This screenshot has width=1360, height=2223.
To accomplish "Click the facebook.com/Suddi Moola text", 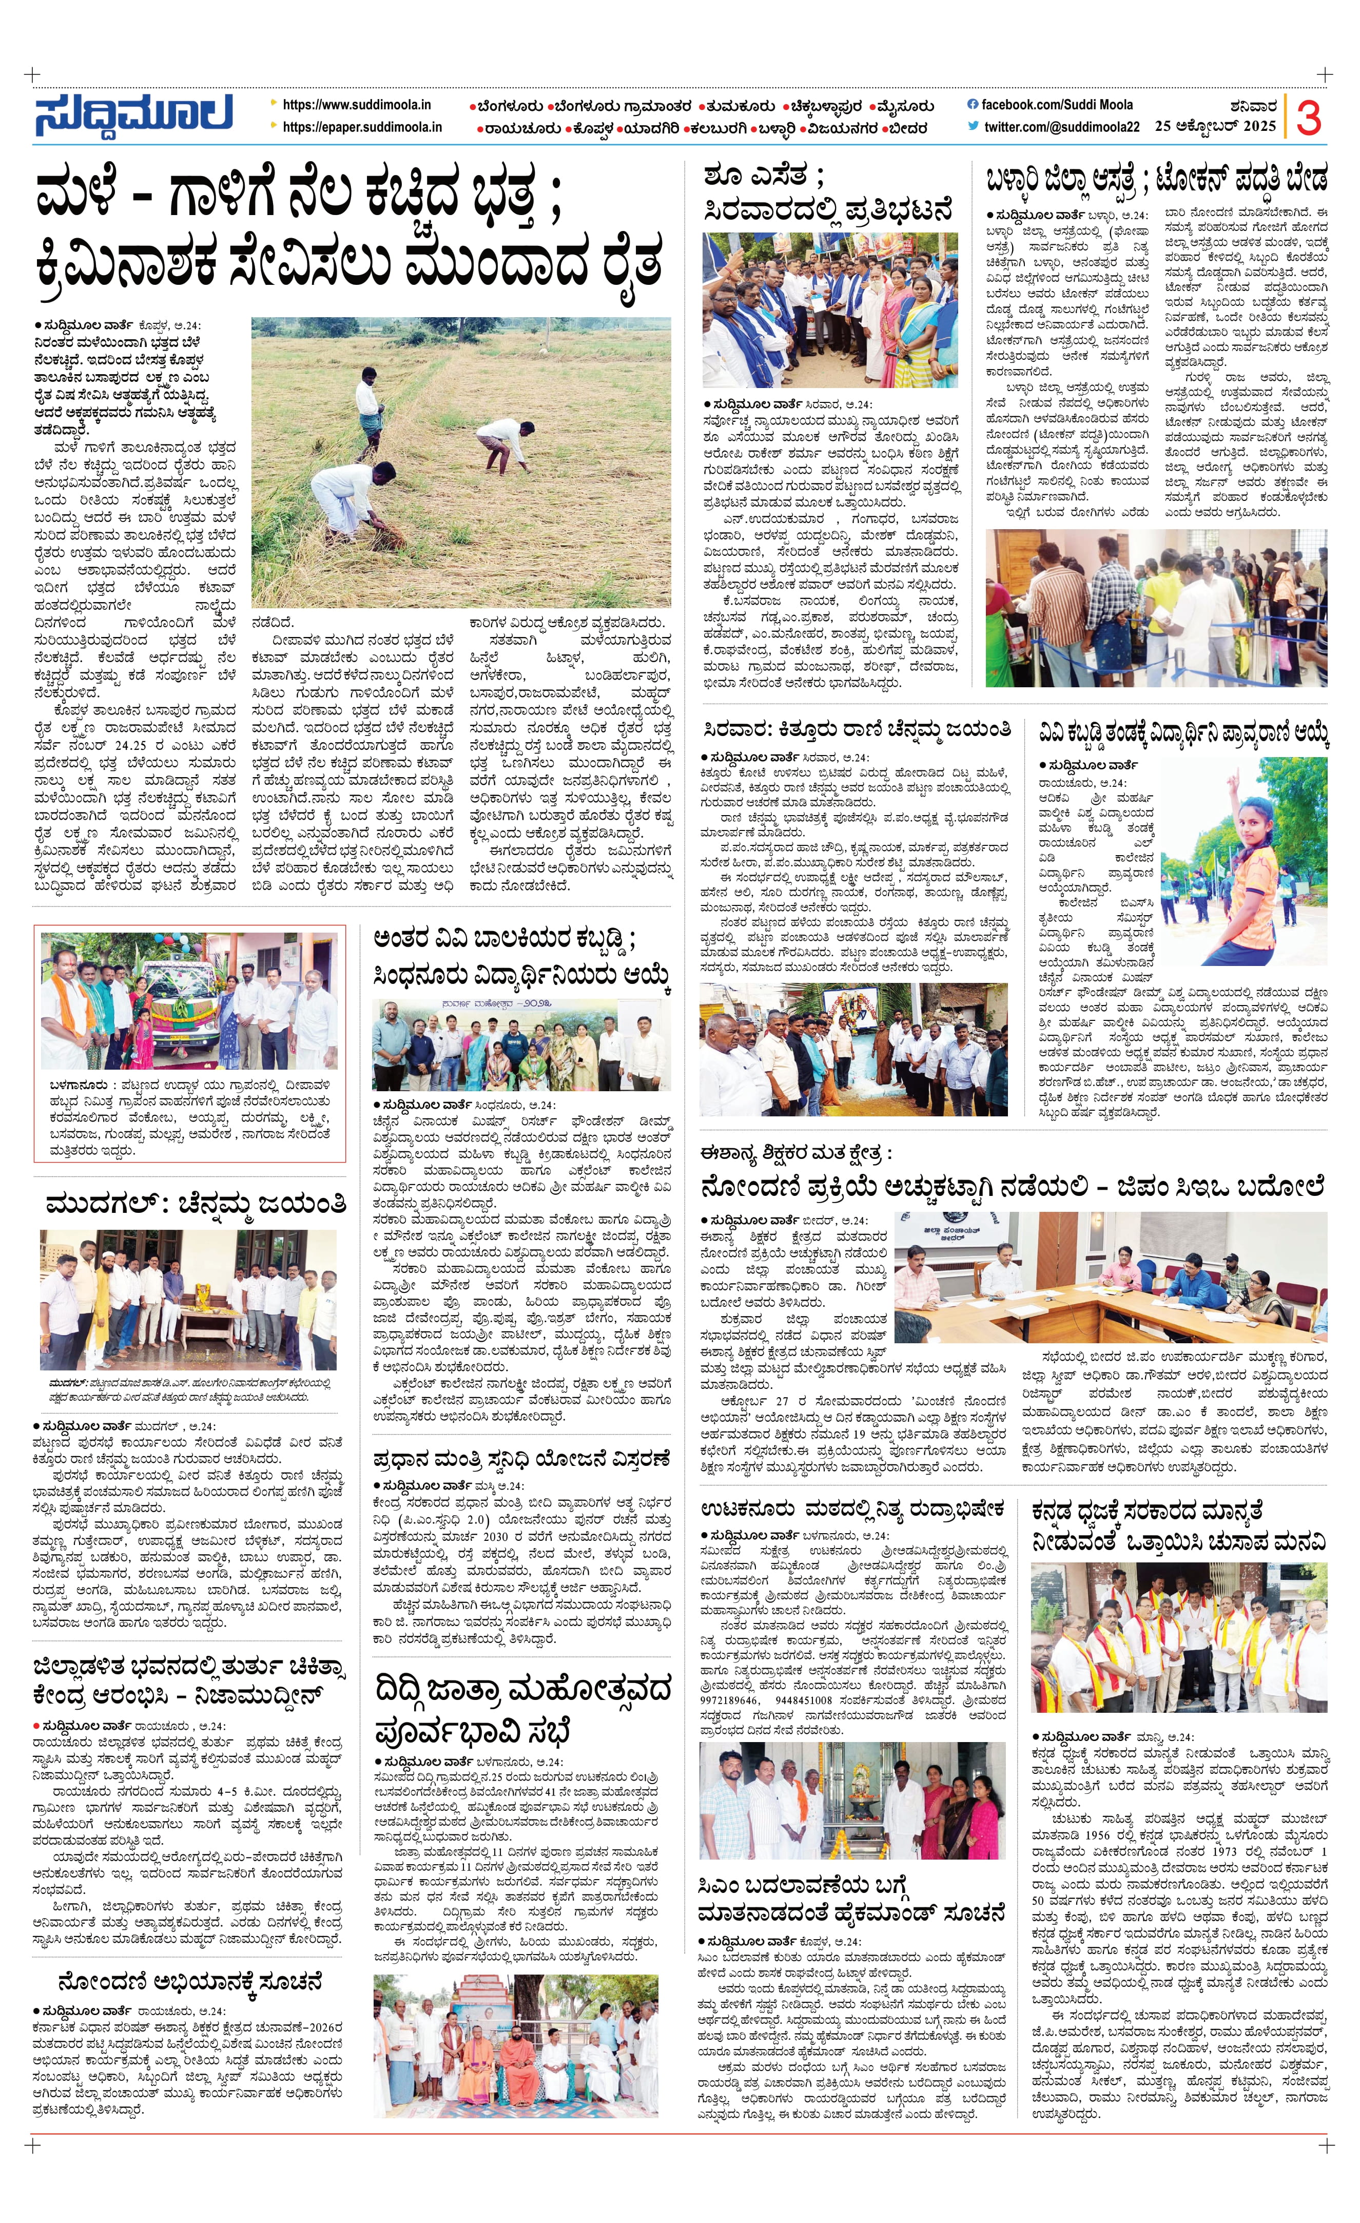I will pos(1057,105).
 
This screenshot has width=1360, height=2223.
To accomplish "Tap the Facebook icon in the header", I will pos(972,105).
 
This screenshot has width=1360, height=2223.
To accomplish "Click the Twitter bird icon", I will pos(972,126).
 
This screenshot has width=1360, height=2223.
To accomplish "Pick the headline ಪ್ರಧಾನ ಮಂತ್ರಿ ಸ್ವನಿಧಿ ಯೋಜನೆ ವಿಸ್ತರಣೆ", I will pos(522,1459).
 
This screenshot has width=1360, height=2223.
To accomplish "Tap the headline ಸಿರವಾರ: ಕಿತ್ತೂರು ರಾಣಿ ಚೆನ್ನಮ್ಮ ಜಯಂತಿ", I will pos(857,729).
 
